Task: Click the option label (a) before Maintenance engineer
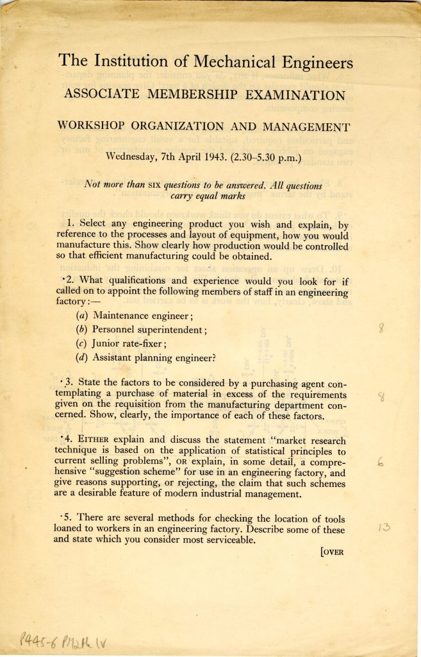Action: click(82, 315)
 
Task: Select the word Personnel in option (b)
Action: click(119, 329)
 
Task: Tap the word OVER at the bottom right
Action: click(333, 551)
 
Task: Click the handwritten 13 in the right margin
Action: click(384, 529)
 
